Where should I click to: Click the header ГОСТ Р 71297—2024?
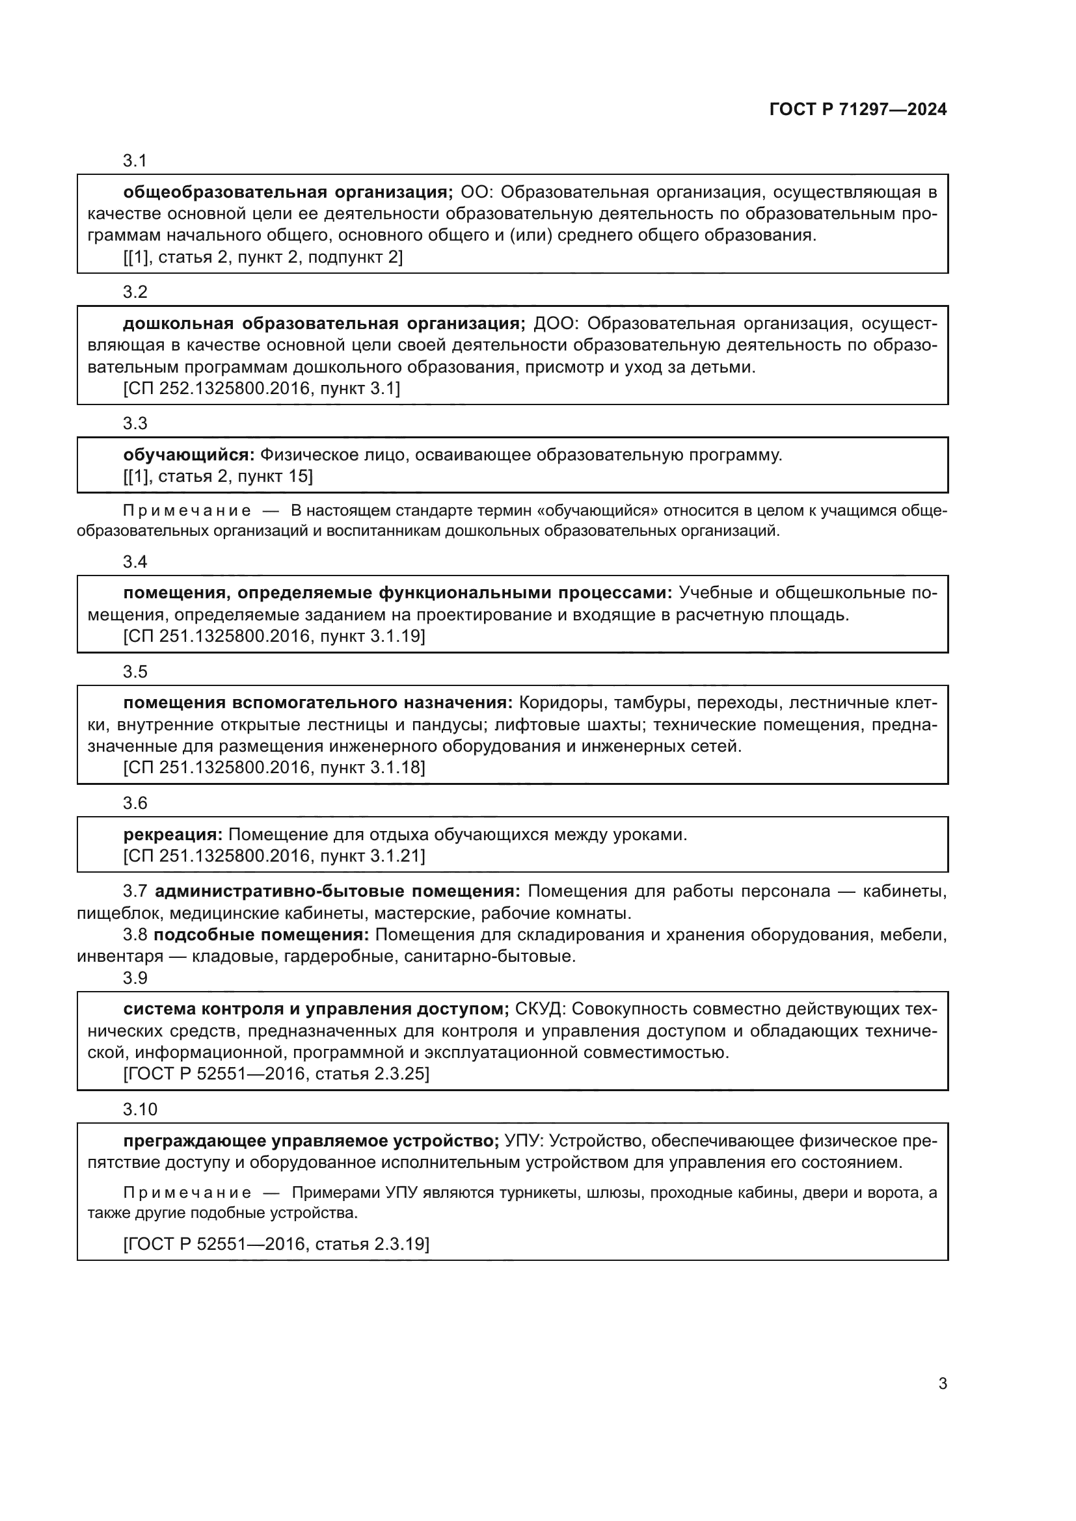point(858,109)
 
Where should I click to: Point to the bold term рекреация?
point(173,835)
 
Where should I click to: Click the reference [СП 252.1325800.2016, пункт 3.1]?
point(262,389)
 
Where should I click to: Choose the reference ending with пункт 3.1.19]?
point(274,637)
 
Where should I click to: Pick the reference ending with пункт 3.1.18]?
point(274,768)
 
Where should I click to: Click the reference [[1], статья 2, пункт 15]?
point(218,476)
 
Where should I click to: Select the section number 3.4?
point(135,562)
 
